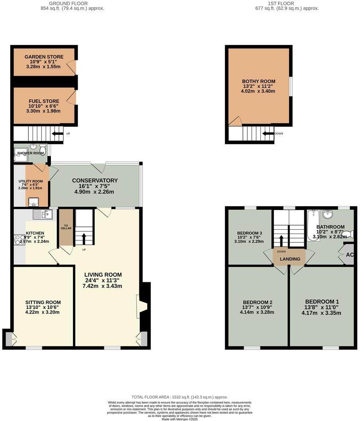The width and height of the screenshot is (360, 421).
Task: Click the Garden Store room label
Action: [44, 57]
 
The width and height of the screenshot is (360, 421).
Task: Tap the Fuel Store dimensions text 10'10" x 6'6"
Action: [44, 106]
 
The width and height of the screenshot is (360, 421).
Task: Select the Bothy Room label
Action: [258, 81]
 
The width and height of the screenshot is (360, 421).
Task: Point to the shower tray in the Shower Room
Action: [20, 155]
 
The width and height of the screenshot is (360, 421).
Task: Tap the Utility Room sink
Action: [33, 201]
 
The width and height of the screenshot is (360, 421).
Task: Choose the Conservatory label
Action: [95, 181]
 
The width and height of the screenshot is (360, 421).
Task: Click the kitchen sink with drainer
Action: [43, 214]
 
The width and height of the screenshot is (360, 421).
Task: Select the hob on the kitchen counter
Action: [20, 240]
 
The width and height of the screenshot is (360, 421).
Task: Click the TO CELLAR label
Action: [66, 226]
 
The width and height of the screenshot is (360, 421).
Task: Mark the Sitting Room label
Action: [43, 302]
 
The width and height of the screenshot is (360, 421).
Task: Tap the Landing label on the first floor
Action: [290, 259]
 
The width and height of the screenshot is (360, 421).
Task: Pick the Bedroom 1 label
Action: [322, 301]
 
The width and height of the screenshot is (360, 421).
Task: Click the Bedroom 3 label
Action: [249, 233]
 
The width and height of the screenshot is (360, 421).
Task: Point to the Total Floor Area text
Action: [180, 397]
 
